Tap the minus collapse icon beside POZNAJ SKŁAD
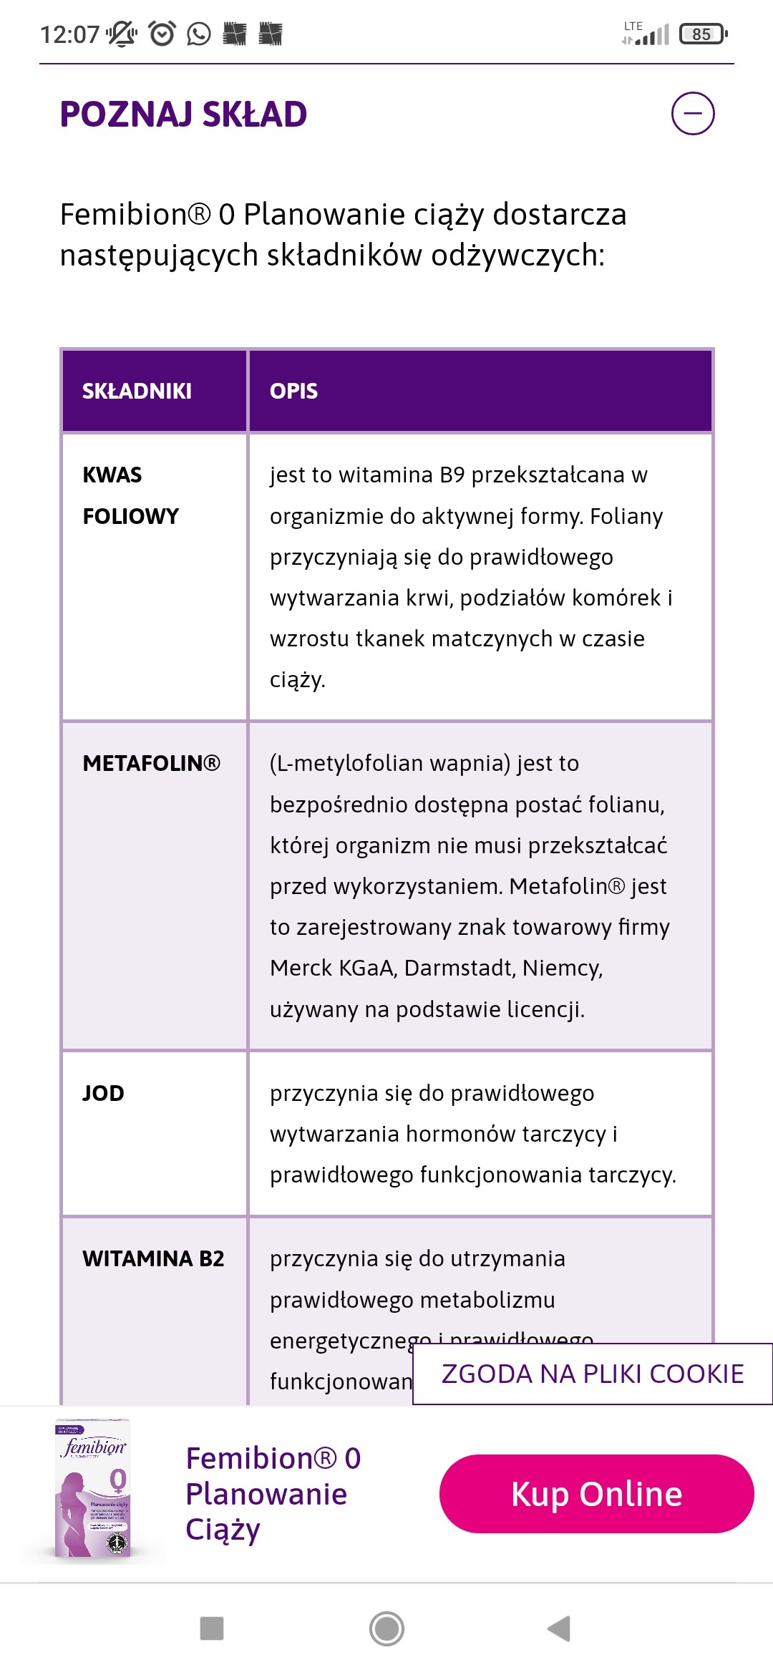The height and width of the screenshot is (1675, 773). [x=693, y=113]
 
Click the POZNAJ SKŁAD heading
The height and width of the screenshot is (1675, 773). [x=183, y=115]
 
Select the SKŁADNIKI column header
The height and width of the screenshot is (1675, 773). [x=137, y=391]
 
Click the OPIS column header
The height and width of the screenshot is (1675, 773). [x=293, y=391]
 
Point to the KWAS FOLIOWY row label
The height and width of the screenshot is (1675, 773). [x=130, y=495]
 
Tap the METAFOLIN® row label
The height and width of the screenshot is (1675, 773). [x=151, y=763]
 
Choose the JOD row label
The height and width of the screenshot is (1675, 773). [x=103, y=1093]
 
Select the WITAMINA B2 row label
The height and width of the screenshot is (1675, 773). [x=153, y=1258]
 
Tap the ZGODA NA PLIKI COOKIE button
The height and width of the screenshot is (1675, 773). [x=593, y=1374]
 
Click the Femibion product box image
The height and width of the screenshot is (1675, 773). [x=94, y=1489]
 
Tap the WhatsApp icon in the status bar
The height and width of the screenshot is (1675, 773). [x=199, y=34]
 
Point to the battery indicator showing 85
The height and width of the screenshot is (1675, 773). [x=703, y=34]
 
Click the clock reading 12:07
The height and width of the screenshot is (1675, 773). [x=69, y=34]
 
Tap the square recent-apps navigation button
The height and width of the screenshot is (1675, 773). [x=212, y=1628]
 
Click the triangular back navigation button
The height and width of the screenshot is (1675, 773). [x=559, y=1628]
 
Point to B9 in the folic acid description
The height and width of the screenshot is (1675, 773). [x=452, y=475]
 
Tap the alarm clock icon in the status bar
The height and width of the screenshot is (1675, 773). [x=162, y=34]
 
